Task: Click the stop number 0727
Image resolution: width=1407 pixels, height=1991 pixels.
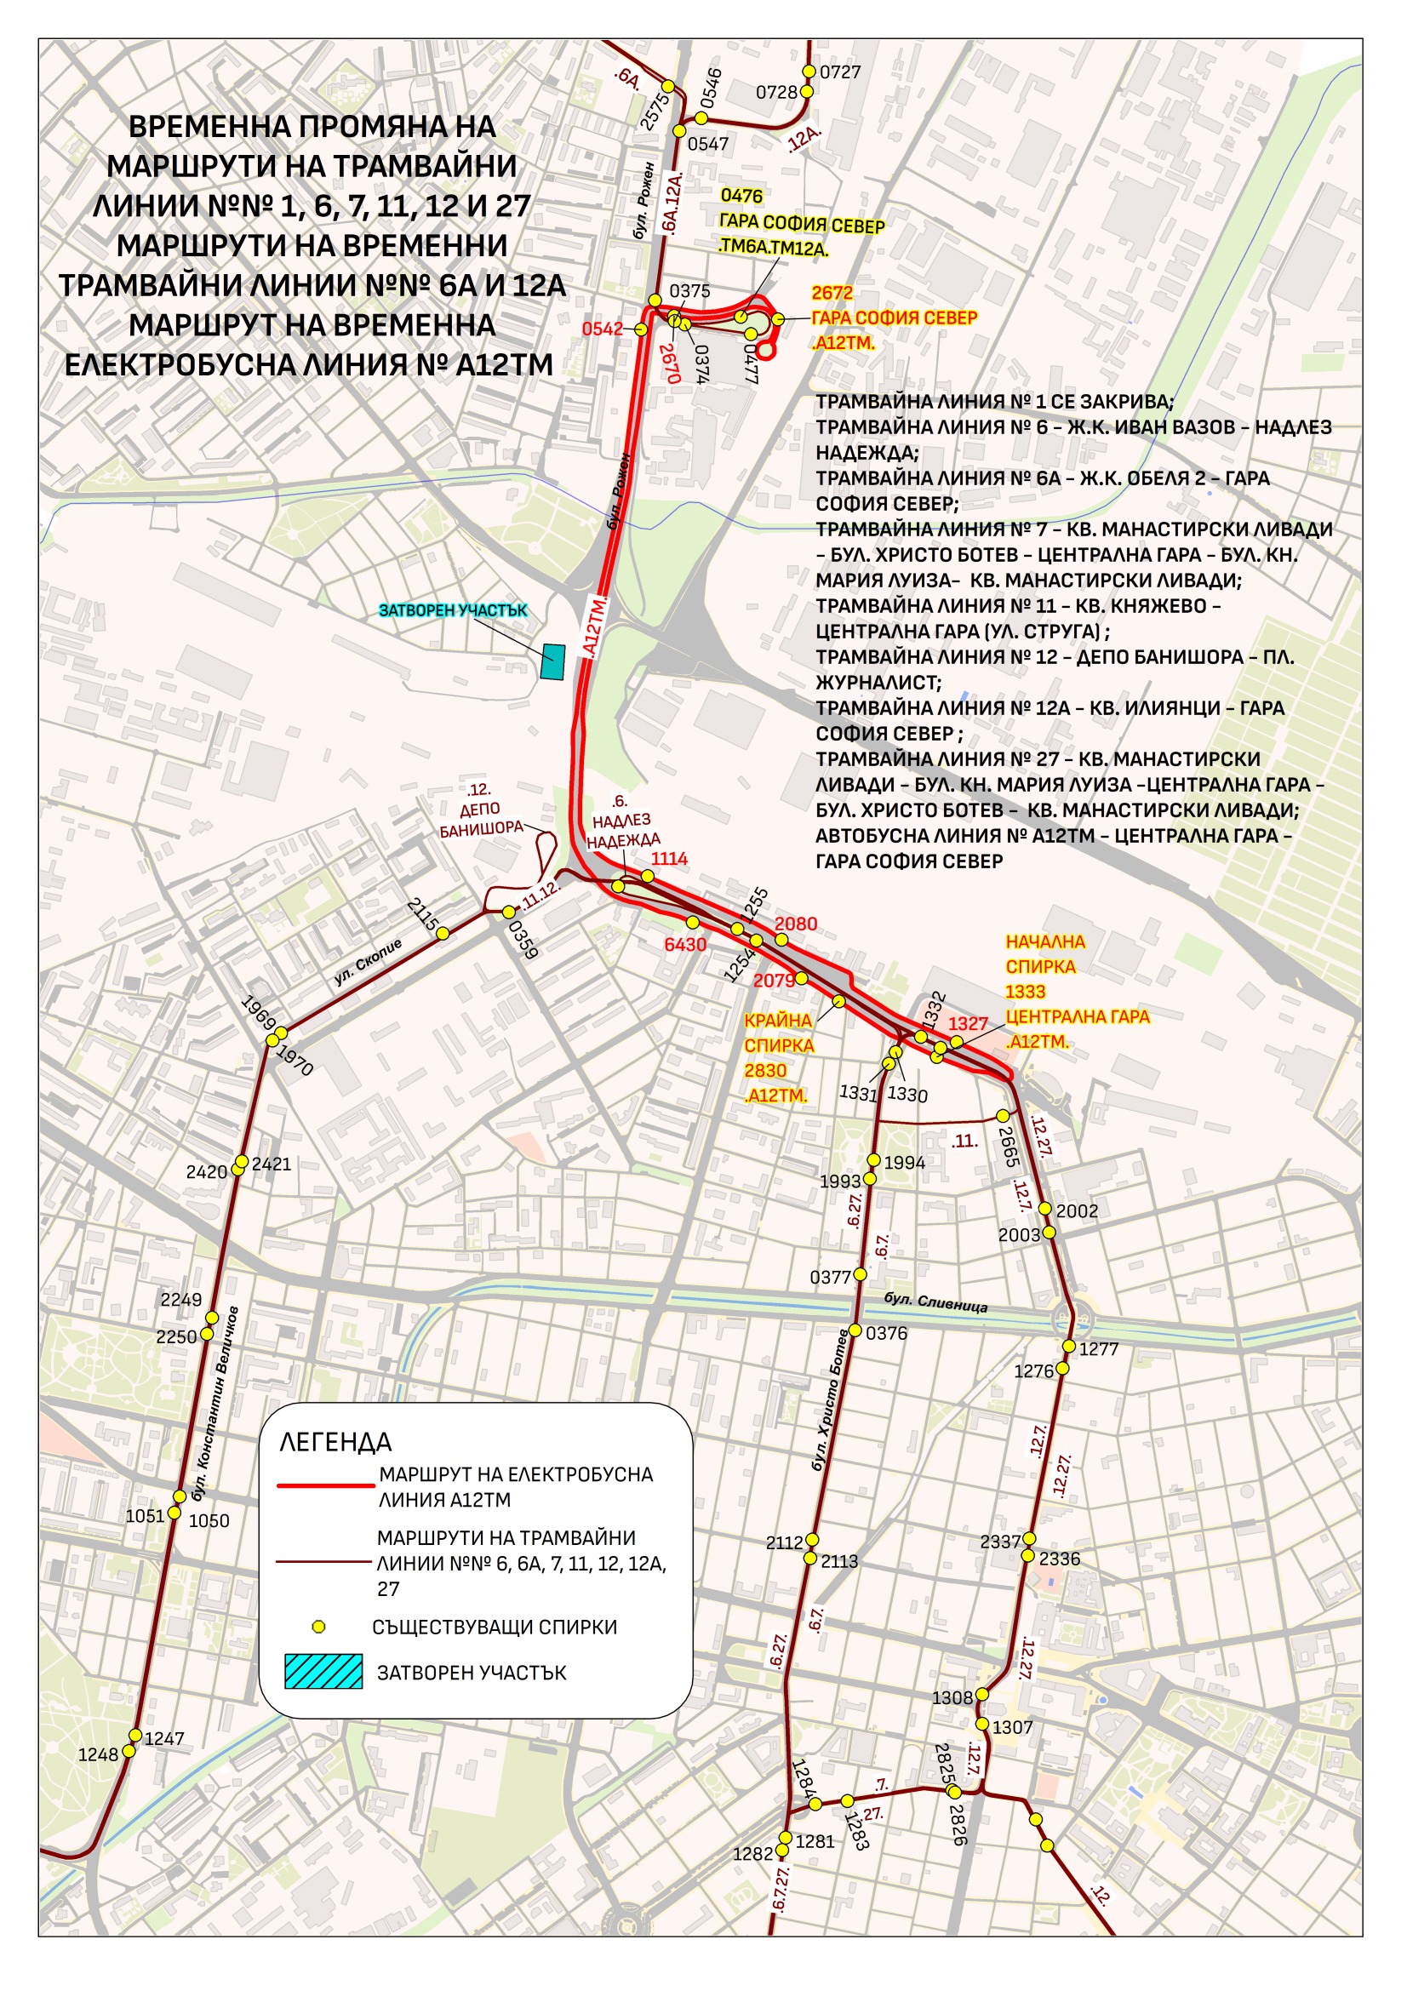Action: click(840, 72)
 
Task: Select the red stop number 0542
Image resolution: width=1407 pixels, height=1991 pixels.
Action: click(602, 329)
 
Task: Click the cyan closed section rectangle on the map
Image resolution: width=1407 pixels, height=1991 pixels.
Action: click(552, 661)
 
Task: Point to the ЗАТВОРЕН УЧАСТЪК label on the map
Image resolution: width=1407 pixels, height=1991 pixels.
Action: click(453, 610)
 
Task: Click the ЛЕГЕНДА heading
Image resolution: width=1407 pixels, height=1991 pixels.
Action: click(335, 1442)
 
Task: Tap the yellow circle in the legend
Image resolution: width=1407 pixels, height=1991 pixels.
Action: click(318, 1627)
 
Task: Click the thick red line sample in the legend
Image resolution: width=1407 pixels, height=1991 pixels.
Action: click(324, 1485)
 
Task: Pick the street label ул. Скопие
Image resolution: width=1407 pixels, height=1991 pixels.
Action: click(369, 962)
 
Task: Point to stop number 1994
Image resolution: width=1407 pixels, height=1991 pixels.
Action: click(904, 1164)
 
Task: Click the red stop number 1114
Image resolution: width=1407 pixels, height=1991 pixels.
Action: click(669, 859)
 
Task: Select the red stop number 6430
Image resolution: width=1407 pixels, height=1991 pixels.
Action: click(685, 944)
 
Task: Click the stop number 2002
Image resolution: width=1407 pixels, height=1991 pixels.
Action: click(1077, 1211)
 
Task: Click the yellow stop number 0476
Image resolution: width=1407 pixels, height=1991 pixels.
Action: click(741, 196)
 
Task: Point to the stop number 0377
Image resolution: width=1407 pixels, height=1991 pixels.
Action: click(830, 1278)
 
